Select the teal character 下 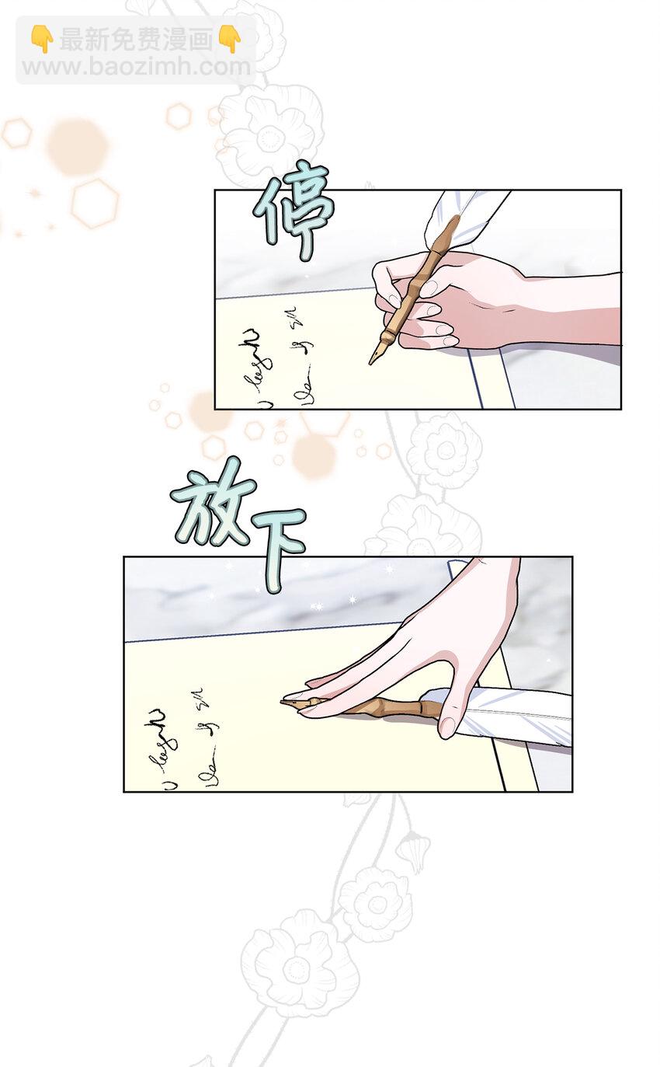click(278, 547)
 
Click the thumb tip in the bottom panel click(447, 727)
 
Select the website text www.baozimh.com click(135, 67)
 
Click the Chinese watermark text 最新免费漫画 click(136, 39)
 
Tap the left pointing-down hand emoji click(40, 39)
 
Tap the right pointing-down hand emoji click(230, 39)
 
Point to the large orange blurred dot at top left click(76, 145)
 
